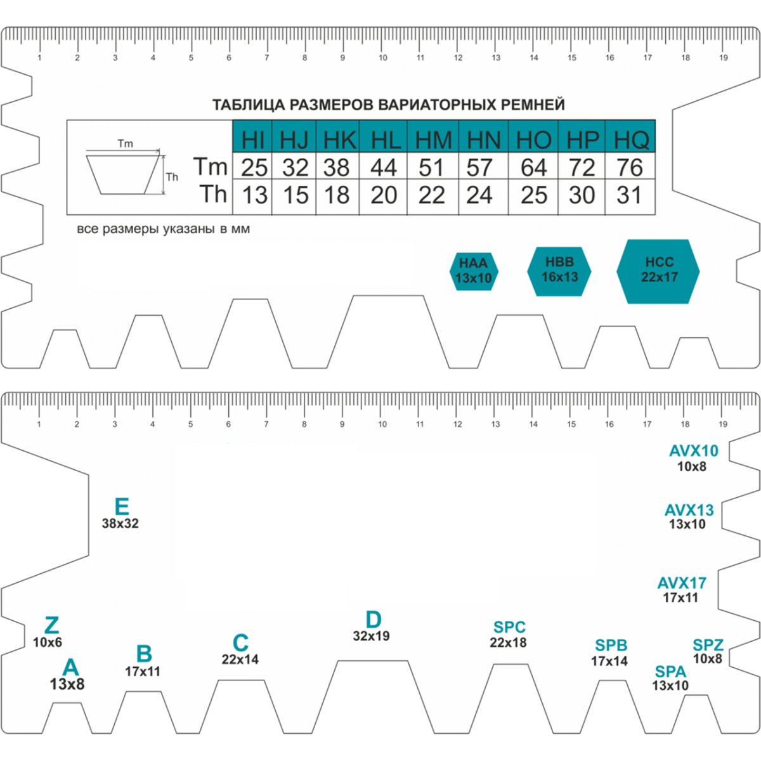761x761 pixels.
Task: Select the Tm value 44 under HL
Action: click(x=384, y=167)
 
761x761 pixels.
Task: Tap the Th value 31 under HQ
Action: click(x=629, y=195)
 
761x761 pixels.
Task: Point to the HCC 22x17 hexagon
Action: click(x=658, y=270)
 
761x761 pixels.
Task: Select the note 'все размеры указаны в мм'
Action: click(x=163, y=229)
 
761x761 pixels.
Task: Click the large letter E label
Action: click(x=121, y=507)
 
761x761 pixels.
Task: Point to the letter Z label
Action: click(x=51, y=625)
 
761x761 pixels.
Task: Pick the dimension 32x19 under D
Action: click(x=371, y=636)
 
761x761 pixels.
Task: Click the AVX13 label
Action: click(x=689, y=511)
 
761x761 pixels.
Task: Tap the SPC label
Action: click(x=509, y=627)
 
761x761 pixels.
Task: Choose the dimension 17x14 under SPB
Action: click(x=609, y=661)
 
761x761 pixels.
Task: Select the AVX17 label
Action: click(x=682, y=583)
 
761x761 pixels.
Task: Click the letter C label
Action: click(x=240, y=642)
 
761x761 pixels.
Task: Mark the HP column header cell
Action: click(x=582, y=139)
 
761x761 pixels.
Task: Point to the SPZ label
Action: click(x=708, y=646)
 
